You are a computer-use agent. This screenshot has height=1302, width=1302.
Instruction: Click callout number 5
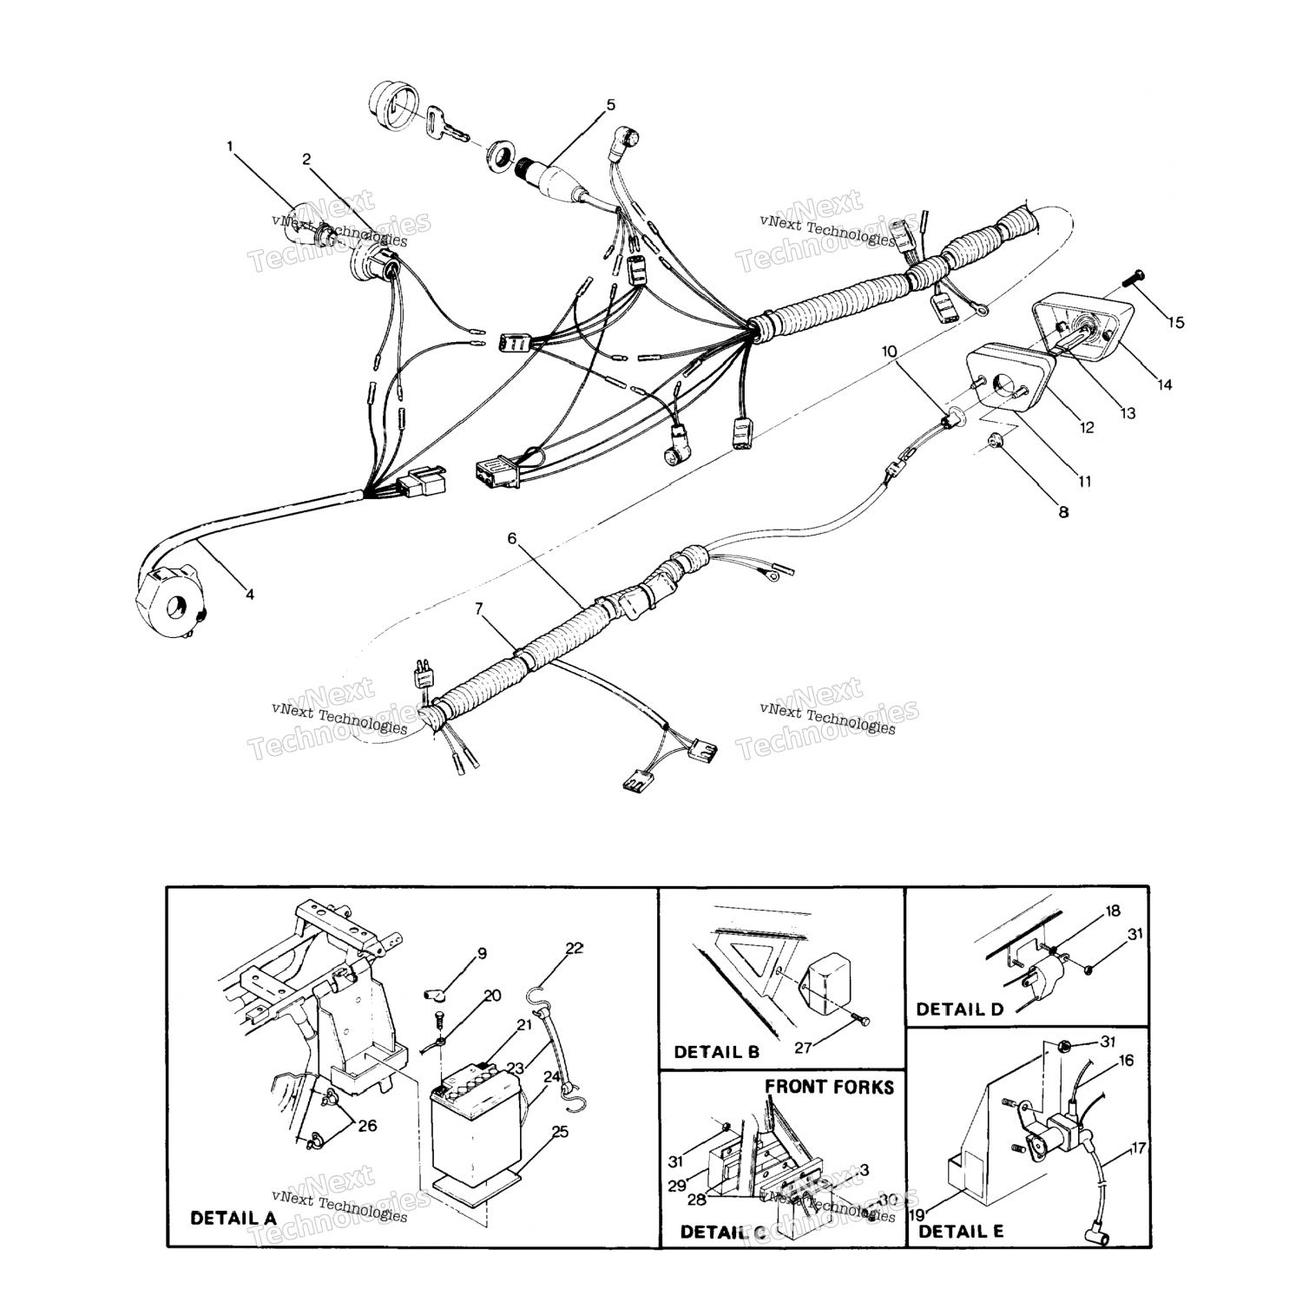[x=610, y=105]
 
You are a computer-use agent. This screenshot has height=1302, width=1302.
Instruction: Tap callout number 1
[x=230, y=147]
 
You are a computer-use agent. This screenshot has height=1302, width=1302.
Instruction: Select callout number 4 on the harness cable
[x=250, y=595]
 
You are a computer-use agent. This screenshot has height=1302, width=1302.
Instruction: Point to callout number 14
[x=1164, y=384]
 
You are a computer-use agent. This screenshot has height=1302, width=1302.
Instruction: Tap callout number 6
[x=512, y=538]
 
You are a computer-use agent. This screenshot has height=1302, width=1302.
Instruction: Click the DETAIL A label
[x=233, y=1218]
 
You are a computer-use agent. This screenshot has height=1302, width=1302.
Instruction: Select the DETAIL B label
[x=716, y=1052]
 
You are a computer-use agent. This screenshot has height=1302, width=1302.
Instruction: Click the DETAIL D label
[x=959, y=1009]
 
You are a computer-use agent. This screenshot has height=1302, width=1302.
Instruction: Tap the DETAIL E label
[x=961, y=1231]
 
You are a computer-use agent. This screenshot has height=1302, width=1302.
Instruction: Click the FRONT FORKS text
[x=829, y=1087]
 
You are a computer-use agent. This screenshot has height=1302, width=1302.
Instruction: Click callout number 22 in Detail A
[x=574, y=948]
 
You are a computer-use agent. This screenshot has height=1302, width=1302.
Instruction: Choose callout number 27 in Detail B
[x=803, y=1048]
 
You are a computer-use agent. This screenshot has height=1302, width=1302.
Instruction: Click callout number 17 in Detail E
[x=1139, y=1148]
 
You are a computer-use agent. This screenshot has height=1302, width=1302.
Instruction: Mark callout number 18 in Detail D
[x=1088, y=911]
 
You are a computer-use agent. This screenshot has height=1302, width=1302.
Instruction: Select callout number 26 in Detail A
[x=367, y=1126]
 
